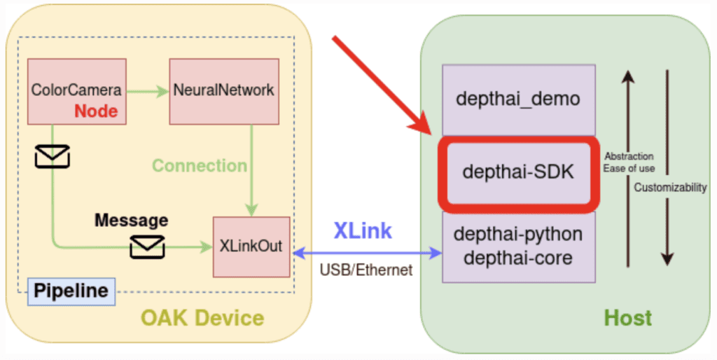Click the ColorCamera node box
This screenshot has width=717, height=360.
[x=76, y=90]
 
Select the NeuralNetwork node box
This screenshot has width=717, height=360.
[x=224, y=90]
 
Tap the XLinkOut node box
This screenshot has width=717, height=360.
[x=251, y=246]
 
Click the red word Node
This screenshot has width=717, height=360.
[x=97, y=111]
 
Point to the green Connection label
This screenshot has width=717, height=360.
[x=200, y=166]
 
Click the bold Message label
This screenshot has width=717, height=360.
[x=131, y=221]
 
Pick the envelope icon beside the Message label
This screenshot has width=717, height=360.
[x=147, y=247]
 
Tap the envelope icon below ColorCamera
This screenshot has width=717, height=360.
[x=53, y=155]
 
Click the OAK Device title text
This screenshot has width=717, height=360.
[x=202, y=319]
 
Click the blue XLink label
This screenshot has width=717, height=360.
[x=363, y=230]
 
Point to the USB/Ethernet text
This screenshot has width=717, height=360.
[x=366, y=270]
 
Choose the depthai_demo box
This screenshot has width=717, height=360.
[x=518, y=99]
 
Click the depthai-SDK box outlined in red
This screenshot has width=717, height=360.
[x=518, y=172]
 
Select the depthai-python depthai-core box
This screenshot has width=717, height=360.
[x=518, y=246]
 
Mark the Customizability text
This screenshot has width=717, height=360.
[x=670, y=188]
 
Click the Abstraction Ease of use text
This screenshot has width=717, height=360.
[x=629, y=162]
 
